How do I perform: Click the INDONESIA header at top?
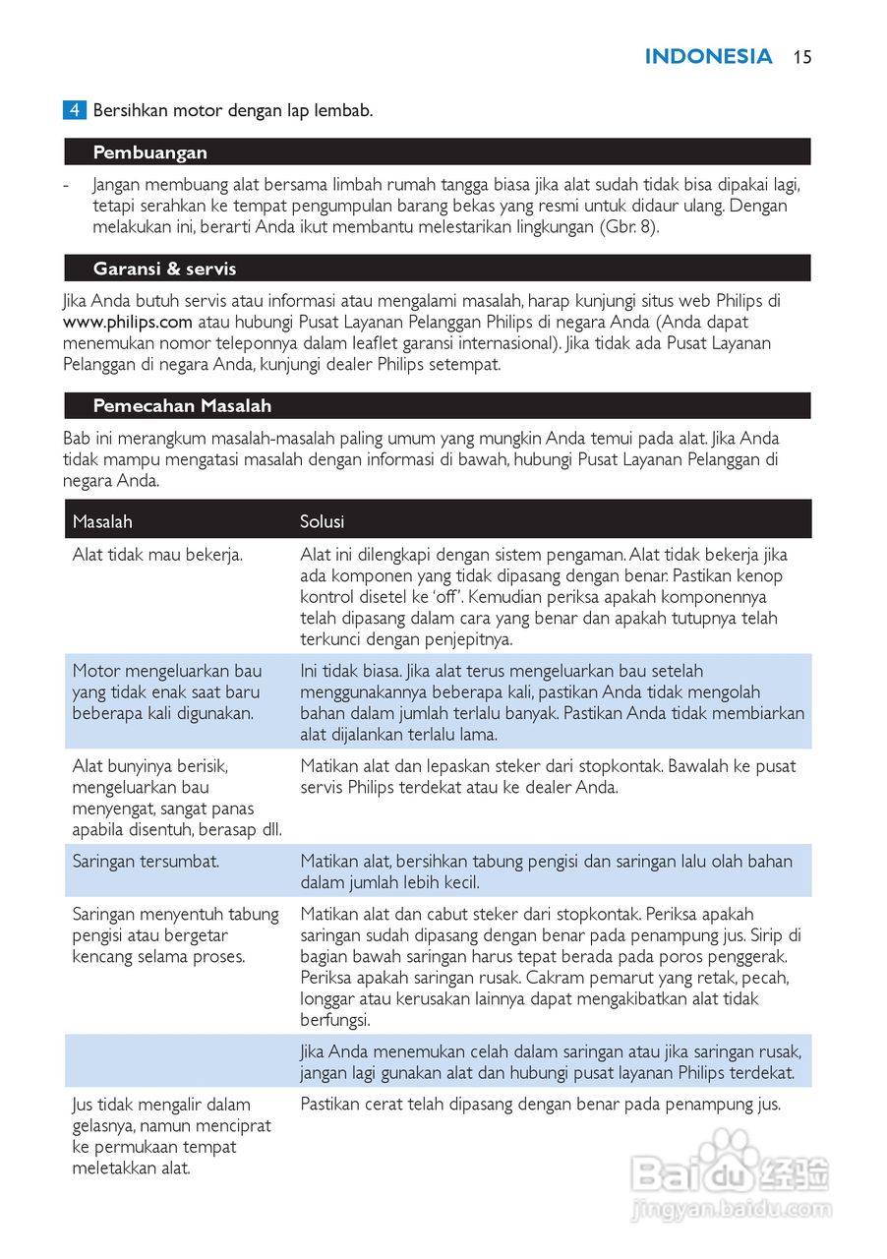(708, 57)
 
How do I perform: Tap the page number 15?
(802, 57)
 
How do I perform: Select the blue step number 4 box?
(75, 110)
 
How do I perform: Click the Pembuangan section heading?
(149, 152)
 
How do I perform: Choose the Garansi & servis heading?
(164, 269)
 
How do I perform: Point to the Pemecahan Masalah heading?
(182, 405)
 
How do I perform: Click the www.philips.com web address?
(128, 322)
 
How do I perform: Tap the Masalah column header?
(102, 521)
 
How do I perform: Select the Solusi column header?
(322, 521)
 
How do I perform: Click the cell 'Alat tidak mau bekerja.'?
(157, 555)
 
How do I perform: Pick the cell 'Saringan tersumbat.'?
(146, 861)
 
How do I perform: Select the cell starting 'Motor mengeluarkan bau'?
(167, 691)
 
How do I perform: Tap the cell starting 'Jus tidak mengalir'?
(171, 1136)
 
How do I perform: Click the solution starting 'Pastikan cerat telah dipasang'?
(540, 1105)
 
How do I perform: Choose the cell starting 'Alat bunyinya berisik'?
(177, 797)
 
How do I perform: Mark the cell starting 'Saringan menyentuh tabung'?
(175, 934)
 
